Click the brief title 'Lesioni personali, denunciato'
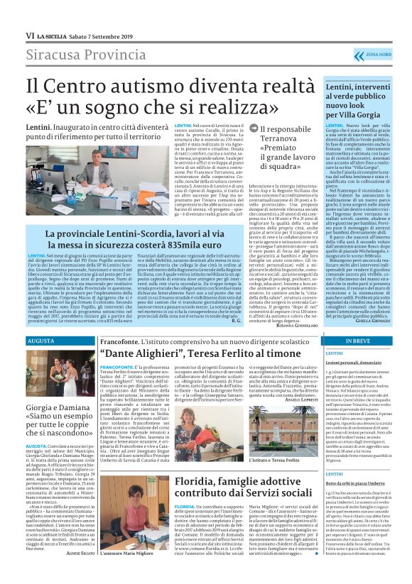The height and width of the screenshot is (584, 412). pos(354,362)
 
